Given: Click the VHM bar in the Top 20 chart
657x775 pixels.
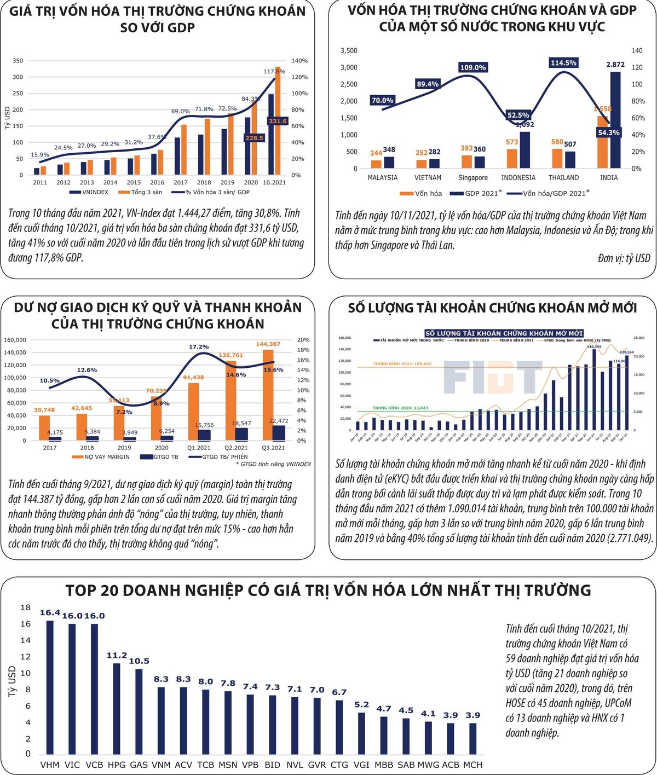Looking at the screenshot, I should pyautogui.click(x=50, y=687).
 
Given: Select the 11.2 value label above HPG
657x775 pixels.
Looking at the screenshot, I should pyautogui.click(x=117, y=655).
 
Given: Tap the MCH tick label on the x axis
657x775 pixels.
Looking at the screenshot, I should pyautogui.click(x=472, y=765).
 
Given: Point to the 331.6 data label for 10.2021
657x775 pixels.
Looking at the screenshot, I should pyautogui.click(x=278, y=121).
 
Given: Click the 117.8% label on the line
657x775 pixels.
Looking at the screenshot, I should pyautogui.click(x=274, y=71).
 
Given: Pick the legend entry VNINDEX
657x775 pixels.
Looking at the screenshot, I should pyautogui.click(x=89, y=192).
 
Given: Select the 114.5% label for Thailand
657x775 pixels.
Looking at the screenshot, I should pyautogui.click(x=563, y=63).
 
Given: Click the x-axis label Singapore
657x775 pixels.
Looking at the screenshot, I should pyautogui.click(x=473, y=178).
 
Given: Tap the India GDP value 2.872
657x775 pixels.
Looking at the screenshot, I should pyautogui.click(x=615, y=65).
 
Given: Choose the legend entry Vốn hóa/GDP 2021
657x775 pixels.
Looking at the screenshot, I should pyautogui.click(x=547, y=193).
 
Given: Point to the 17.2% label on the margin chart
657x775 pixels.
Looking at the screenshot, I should pyautogui.click(x=199, y=347).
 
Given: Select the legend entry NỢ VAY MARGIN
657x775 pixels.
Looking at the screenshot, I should pyautogui.click(x=104, y=456).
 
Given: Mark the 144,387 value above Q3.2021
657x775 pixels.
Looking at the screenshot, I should pyautogui.click(x=268, y=344).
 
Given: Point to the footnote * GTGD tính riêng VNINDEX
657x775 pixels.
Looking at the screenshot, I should pyautogui.click(x=273, y=464).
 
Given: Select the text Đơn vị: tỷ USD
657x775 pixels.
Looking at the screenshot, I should pyautogui.click(x=624, y=258).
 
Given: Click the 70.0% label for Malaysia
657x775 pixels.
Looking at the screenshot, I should pyautogui.click(x=382, y=100).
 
